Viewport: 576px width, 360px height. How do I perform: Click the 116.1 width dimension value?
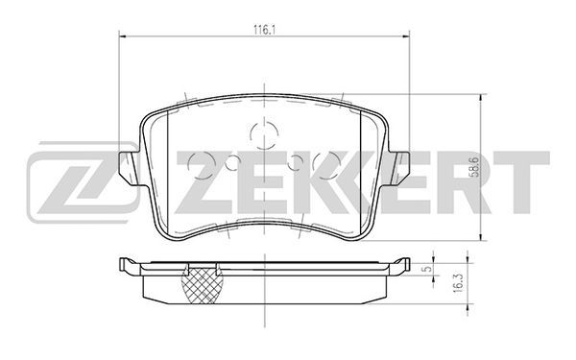[x=265, y=30]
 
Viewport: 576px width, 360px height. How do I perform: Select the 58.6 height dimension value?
[x=474, y=167]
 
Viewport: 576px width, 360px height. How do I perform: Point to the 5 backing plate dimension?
[x=426, y=269]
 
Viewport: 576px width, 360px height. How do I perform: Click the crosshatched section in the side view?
[x=203, y=284]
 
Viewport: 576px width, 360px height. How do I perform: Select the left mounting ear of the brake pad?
[x=129, y=167]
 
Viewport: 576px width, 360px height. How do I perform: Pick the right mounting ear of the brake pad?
[x=398, y=167]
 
